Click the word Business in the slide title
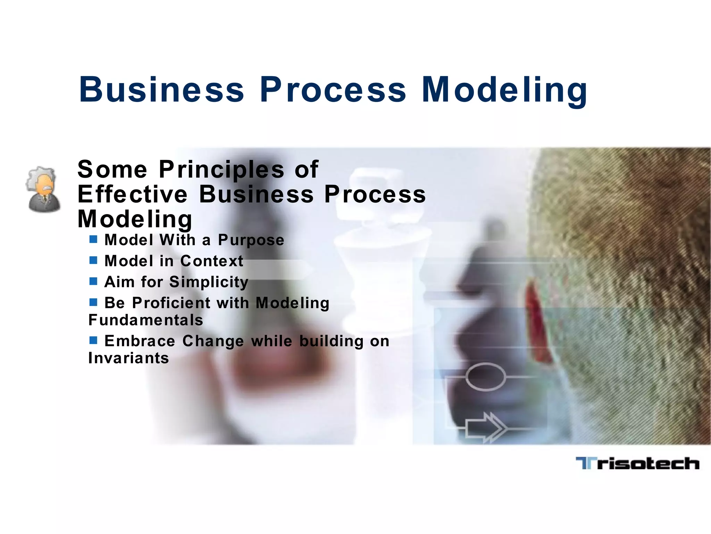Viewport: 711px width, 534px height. (x=162, y=90)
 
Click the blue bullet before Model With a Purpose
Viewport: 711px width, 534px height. (x=93, y=239)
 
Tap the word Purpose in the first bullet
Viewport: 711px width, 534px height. (x=251, y=240)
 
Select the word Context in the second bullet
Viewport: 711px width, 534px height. (x=212, y=261)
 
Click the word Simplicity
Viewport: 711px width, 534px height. (x=209, y=282)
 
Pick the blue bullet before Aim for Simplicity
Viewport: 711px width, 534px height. (x=93, y=281)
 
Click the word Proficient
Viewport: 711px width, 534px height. (x=171, y=303)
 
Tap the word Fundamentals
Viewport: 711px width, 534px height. (x=146, y=320)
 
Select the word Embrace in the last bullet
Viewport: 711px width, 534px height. (x=140, y=341)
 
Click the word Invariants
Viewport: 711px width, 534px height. (x=129, y=358)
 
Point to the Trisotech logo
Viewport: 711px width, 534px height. (x=637, y=463)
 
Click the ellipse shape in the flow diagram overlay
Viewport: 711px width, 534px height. (x=485, y=377)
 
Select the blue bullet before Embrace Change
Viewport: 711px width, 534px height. (x=93, y=340)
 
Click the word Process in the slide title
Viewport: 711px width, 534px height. (x=333, y=90)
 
